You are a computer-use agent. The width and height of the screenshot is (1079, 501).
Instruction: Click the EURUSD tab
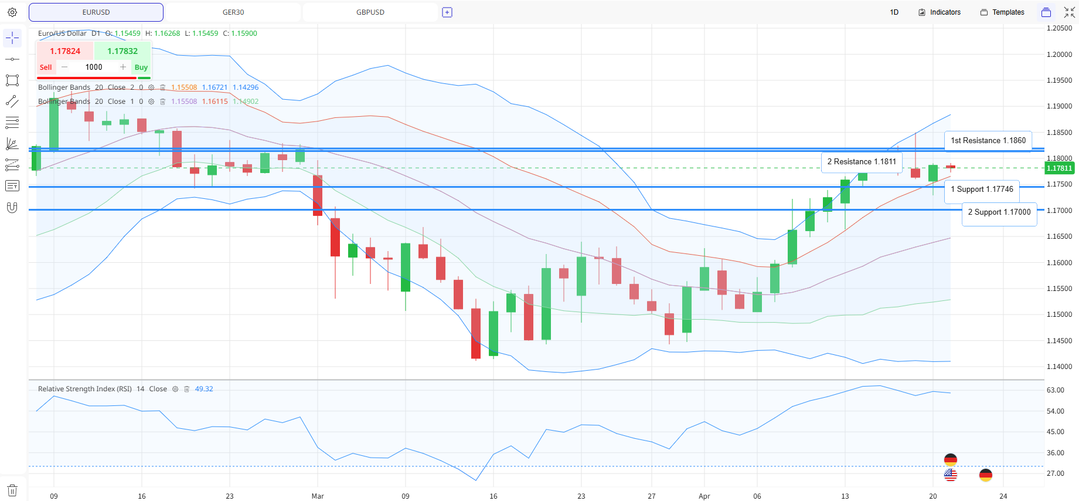(96, 12)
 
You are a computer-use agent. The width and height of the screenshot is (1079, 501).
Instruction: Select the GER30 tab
(233, 12)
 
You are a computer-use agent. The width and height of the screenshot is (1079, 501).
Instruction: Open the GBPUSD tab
(370, 12)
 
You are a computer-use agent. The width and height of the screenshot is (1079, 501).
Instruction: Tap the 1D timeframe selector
(894, 12)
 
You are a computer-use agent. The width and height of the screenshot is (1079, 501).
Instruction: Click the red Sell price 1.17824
(65, 51)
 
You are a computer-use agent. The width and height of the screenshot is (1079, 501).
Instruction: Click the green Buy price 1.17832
(122, 51)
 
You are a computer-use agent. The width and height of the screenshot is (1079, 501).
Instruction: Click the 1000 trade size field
(94, 67)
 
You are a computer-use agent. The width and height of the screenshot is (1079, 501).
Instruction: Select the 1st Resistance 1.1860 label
(988, 141)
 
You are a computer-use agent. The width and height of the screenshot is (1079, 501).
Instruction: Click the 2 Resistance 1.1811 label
(862, 162)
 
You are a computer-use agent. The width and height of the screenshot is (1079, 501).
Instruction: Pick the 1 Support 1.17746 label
(982, 189)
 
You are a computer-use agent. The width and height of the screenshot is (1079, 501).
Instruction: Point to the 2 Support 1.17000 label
(999, 212)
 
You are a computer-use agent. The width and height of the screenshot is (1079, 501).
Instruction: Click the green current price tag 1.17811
(1060, 168)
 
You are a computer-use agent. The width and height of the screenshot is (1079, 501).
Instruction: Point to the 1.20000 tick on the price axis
(1059, 55)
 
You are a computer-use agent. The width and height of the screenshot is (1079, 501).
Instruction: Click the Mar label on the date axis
(318, 496)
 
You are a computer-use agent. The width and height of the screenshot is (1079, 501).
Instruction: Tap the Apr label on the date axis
(704, 496)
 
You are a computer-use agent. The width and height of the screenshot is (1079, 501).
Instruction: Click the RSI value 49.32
(204, 389)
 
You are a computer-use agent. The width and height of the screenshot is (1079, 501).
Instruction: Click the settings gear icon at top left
(12, 12)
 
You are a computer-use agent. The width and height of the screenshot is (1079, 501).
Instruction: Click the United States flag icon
(951, 475)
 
